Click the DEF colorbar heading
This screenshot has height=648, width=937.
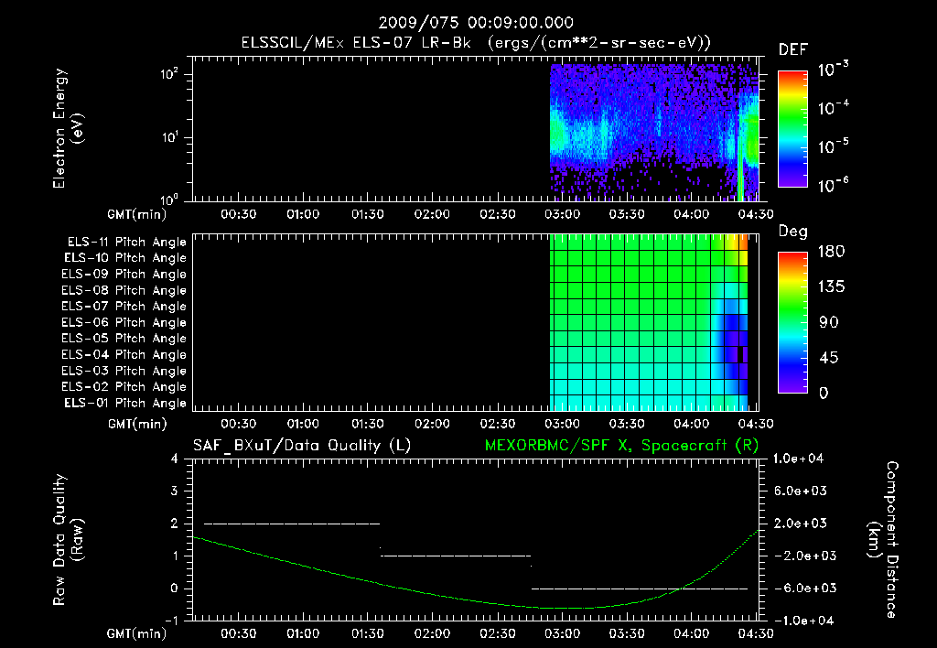792,49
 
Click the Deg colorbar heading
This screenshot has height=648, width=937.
792,232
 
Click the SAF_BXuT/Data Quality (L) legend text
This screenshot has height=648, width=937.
301,446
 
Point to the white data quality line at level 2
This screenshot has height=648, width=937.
291,524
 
